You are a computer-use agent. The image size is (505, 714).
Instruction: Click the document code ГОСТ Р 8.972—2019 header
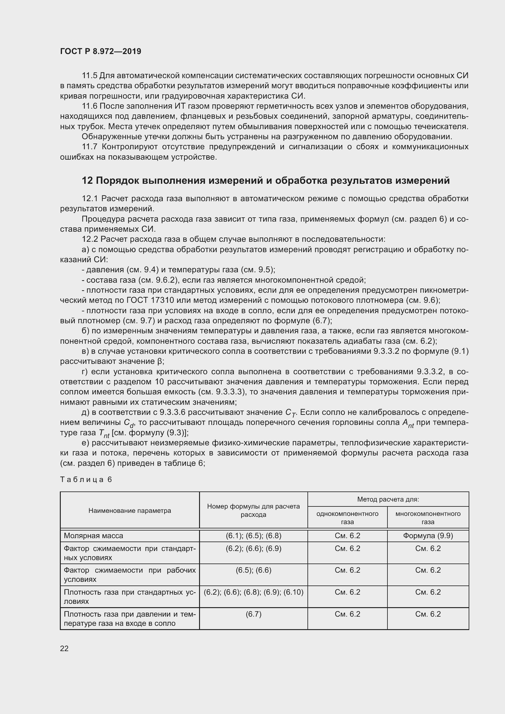100,51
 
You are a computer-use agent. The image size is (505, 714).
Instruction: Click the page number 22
64,648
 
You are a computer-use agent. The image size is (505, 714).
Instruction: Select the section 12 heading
266,180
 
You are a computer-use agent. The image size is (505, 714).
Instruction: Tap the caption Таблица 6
86,479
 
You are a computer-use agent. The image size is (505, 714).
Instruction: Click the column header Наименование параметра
130,510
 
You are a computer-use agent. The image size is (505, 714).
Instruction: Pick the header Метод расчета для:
388,499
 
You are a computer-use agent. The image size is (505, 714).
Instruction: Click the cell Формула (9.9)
428,535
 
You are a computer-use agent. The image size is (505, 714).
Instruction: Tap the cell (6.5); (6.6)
253,570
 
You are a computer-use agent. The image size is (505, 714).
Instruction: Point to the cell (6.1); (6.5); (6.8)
253,535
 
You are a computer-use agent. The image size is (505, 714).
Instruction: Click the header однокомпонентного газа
347,517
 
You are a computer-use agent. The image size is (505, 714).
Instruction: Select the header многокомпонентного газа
428,517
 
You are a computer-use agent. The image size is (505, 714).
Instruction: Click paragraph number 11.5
89,76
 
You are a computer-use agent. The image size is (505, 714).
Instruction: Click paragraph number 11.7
89,147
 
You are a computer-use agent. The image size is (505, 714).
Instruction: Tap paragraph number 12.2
89,239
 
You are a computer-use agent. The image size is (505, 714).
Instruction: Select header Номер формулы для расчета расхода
253,510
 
